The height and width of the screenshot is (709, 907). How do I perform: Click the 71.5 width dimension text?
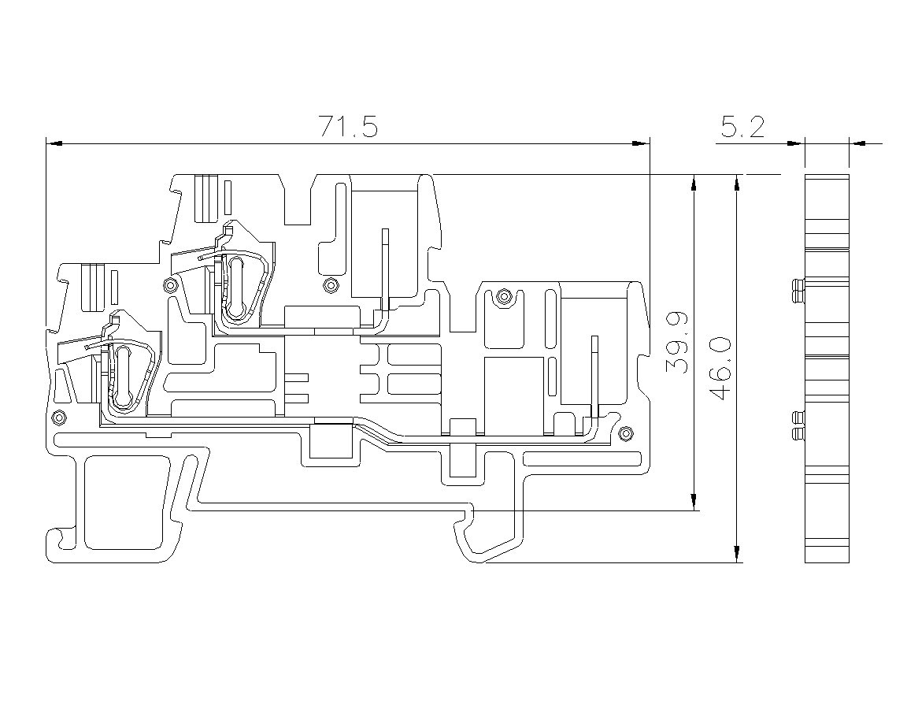[349, 128]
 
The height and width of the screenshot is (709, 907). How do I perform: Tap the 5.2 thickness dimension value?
[742, 128]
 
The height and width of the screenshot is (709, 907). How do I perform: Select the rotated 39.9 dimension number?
[677, 343]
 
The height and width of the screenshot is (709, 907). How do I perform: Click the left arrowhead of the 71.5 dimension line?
[54, 143]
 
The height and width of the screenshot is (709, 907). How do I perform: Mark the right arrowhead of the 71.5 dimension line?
[642, 143]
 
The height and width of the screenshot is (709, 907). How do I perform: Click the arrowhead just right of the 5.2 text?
[797, 143]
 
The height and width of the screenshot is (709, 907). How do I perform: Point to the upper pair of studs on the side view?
[798, 291]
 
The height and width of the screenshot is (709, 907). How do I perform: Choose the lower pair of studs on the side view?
[798, 427]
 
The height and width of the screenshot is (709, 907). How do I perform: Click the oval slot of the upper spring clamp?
[235, 288]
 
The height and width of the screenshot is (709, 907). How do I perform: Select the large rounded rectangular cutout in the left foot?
[122, 503]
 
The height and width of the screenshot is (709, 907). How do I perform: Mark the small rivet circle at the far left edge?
[57, 417]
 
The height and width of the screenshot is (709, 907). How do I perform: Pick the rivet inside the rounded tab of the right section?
[504, 298]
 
